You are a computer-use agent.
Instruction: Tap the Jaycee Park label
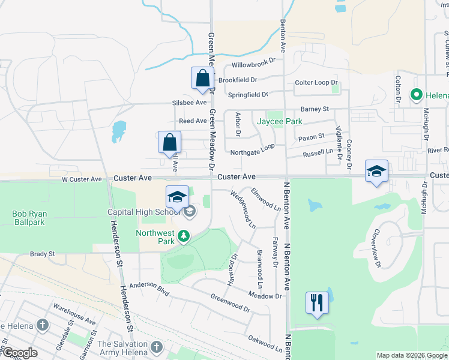[x=279, y=121]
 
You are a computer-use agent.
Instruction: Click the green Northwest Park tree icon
[x=184, y=238]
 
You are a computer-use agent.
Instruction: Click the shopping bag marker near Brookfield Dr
[x=202, y=78]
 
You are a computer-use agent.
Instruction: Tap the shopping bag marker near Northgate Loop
[x=170, y=143]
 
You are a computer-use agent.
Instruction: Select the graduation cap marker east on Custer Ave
[x=376, y=172]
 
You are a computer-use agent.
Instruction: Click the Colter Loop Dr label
[x=316, y=83]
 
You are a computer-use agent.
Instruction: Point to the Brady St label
[x=43, y=254]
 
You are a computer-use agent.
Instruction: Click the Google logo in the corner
[x=19, y=353]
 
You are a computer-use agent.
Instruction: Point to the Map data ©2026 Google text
[x=411, y=355]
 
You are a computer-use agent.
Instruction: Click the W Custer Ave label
[x=82, y=179]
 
